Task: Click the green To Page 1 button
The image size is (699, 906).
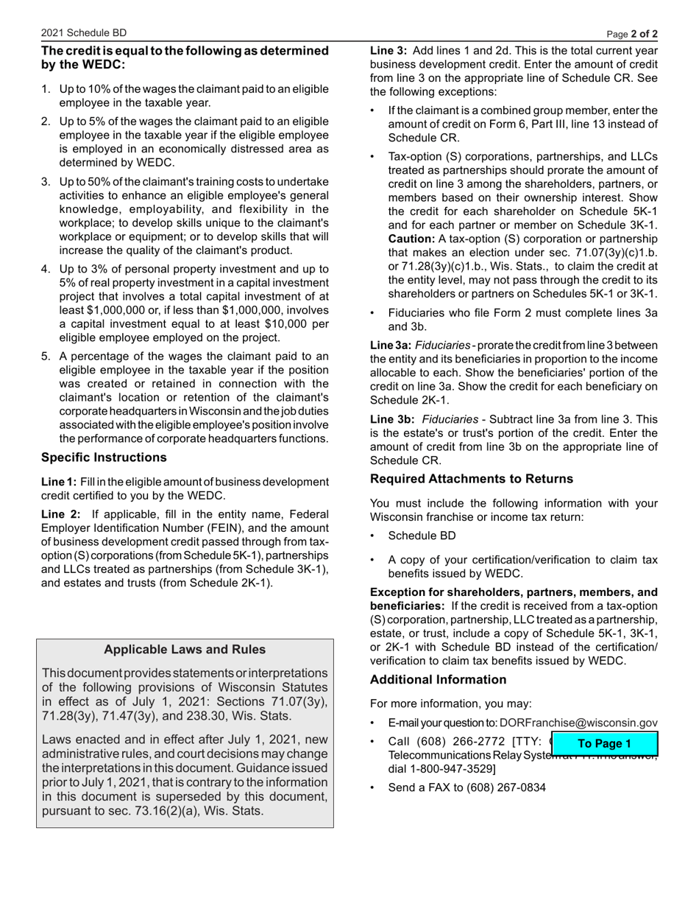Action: coord(604,743)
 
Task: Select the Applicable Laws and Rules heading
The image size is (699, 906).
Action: coord(185,649)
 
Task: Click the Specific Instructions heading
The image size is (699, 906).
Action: coord(104,457)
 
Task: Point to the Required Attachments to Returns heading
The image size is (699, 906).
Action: coord(471,479)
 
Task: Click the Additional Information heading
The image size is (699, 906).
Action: coord(438,679)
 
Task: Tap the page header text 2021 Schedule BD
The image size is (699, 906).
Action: coord(84,33)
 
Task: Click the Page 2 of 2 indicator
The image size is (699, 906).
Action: coord(632,34)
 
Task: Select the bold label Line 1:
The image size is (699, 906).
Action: coord(58,482)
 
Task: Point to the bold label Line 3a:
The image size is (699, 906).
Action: coord(390,345)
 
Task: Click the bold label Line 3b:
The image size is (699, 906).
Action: coord(391,419)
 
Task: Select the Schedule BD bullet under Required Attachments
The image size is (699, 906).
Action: coord(422,535)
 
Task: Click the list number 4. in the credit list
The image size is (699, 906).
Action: coord(46,269)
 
